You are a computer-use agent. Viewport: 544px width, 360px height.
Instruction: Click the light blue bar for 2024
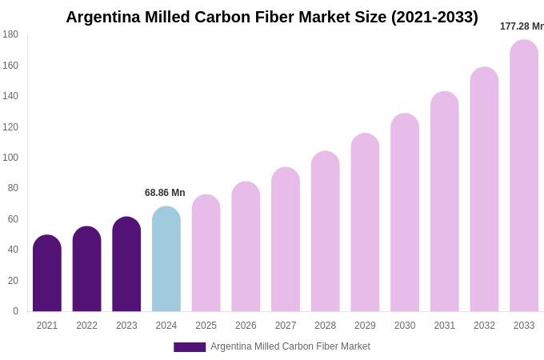pyautogui.click(x=166, y=260)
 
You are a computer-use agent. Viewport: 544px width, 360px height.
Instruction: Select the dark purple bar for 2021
pyautogui.click(x=47, y=274)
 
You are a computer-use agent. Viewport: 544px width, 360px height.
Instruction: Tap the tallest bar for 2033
pyautogui.click(x=524, y=176)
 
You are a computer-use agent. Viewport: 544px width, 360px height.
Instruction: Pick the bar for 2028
pyautogui.click(x=326, y=232)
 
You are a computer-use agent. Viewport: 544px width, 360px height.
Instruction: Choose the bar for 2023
pyautogui.click(x=126, y=265)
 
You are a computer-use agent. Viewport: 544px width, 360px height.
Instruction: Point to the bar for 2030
pyautogui.click(x=405, y=213)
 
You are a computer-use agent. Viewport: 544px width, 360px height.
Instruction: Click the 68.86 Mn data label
pyautogui.click(x=165, y=193)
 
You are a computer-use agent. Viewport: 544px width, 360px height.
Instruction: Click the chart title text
pyautogui.click(x=272, y=17)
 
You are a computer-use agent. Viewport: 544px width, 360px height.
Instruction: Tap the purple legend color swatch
pyautogui.click(x=190, y=347)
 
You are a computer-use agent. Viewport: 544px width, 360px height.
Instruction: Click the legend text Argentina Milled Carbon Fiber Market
pyautogui.click(x=290, y=346)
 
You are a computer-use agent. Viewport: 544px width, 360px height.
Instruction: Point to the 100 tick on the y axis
pyautogui.click(x=10, y=158)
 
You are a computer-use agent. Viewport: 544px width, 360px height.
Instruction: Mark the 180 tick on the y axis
pyautogui.click(x=10, y=34)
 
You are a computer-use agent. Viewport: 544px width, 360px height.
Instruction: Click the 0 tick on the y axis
pyautogui.click(x=15, y=311)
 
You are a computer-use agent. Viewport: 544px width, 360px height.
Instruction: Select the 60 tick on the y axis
pyautogui.click(x=13, y=219)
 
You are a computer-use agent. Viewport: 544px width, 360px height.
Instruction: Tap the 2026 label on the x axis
pyautogui.click(x=246, y=326)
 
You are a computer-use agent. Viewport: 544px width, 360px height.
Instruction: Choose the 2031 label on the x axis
pyautogui.click(x=445, y=326)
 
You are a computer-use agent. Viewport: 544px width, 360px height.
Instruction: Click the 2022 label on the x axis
pyautogui.click(x=87, y=326)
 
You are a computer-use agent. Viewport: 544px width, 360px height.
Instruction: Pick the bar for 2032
pyautogui.click(x=484, y=190)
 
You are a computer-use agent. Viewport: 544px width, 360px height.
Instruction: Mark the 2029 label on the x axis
pyautogui.click(x=365, y=326)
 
